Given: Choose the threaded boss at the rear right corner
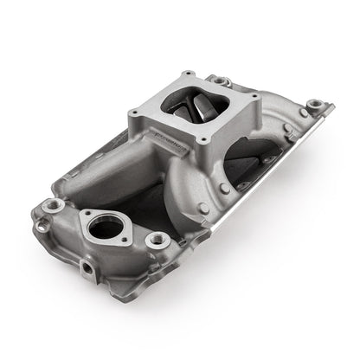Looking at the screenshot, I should (315, 105).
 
